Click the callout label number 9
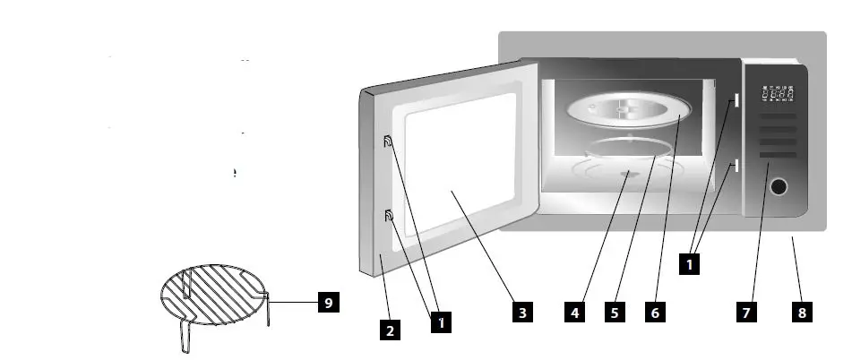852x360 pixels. [329, 304]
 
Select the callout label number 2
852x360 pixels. [389, 330]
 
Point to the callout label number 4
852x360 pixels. [576, 313]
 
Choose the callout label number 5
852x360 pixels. [615, 313]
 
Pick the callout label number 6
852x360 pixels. [655, 313]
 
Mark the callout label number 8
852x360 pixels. [802, 313]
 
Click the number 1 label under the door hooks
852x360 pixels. [439, 322]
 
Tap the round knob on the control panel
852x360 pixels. [779, 187]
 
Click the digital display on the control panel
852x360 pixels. [776, 94]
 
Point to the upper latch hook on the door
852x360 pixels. [388, 141]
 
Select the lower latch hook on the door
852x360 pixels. [389, 215]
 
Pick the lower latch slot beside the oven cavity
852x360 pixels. [734, 165]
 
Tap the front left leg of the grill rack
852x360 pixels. [185, 337]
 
